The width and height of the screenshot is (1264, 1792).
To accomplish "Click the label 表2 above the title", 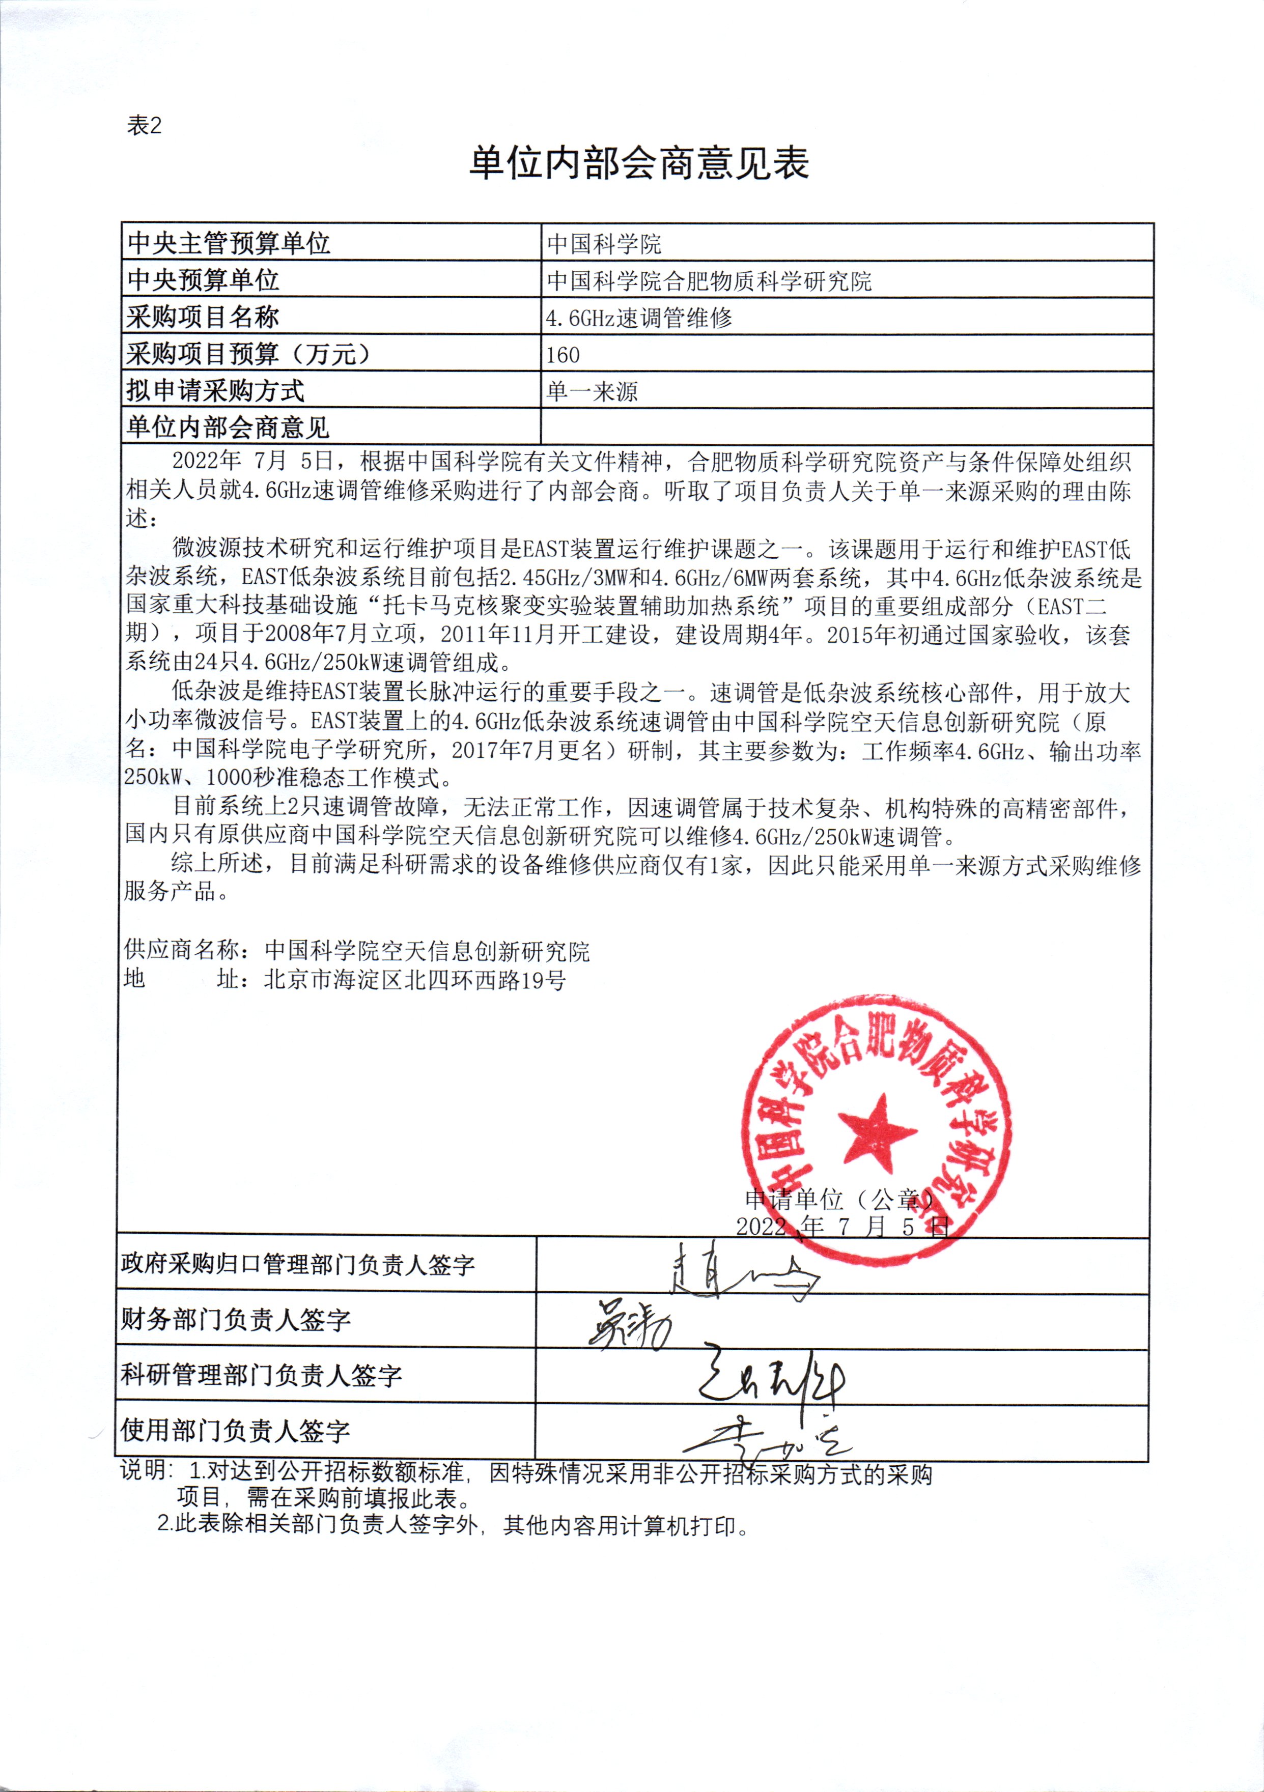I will pos(145,126).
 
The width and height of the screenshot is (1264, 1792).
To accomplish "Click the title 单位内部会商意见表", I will pos(639,163).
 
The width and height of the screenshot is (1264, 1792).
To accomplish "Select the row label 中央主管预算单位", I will pos(229,243).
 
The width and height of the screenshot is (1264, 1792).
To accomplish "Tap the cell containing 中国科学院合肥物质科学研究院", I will pos(709,281).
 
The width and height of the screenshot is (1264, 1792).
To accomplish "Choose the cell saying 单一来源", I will pos(593,391).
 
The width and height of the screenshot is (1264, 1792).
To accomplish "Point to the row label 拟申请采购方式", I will pos(215,391).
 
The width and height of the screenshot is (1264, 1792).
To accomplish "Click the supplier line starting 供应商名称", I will pos(357,951).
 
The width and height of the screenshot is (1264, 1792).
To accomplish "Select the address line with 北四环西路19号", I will pos(344,980).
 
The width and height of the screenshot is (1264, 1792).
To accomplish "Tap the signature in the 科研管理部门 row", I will pos(769,1381).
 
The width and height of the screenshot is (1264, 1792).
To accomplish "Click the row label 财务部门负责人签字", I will pos(236,1320).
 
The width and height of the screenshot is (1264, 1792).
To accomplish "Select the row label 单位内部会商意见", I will pos(228,428).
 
